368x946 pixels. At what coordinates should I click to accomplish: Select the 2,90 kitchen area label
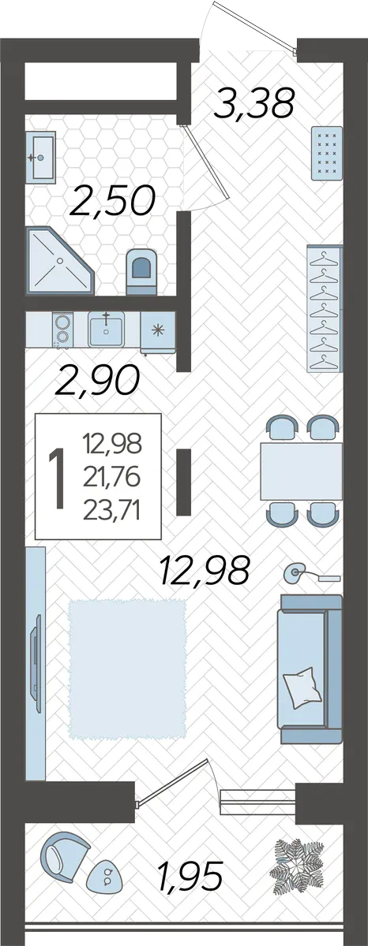click(97, 380)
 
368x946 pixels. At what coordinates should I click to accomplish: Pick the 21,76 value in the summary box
click(111, 478)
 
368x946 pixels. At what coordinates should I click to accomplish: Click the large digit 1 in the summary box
click(58, 478)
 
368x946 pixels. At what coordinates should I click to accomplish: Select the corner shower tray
click(61, 260)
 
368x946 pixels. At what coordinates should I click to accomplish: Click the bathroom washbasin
click(40, 157)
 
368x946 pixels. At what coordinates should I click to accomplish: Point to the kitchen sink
click(106, 329)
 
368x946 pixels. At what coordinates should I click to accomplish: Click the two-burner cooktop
click(62, 330)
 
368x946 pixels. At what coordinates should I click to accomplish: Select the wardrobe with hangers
click(325, 308)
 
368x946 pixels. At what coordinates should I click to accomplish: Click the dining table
click(302, 471)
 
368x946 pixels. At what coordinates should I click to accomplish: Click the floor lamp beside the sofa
click(312, 574)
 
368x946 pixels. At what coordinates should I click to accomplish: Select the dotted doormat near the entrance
click(326, 153)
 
